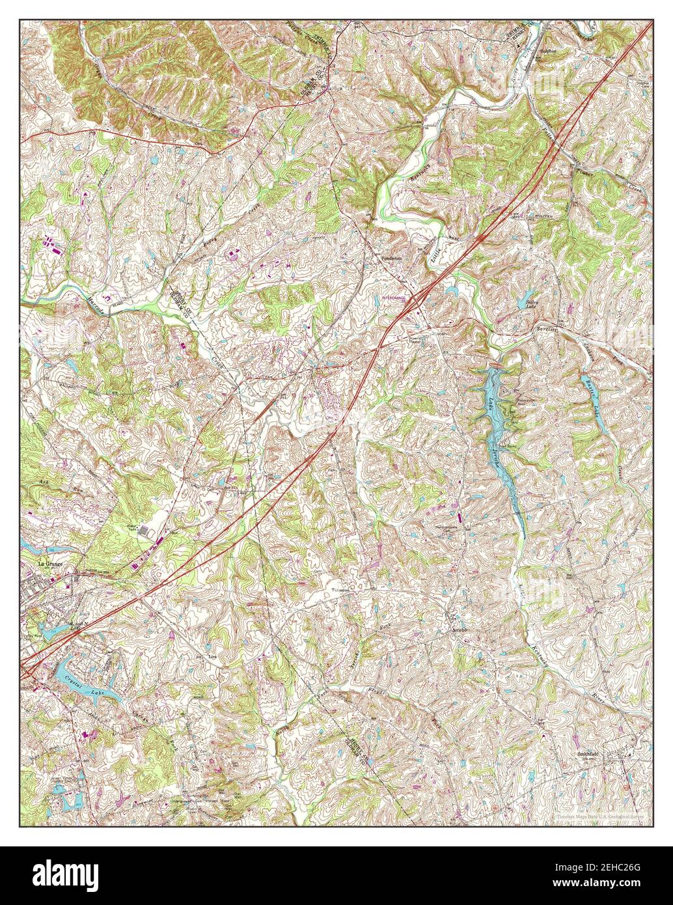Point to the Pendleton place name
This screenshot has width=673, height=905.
(392, 258)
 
